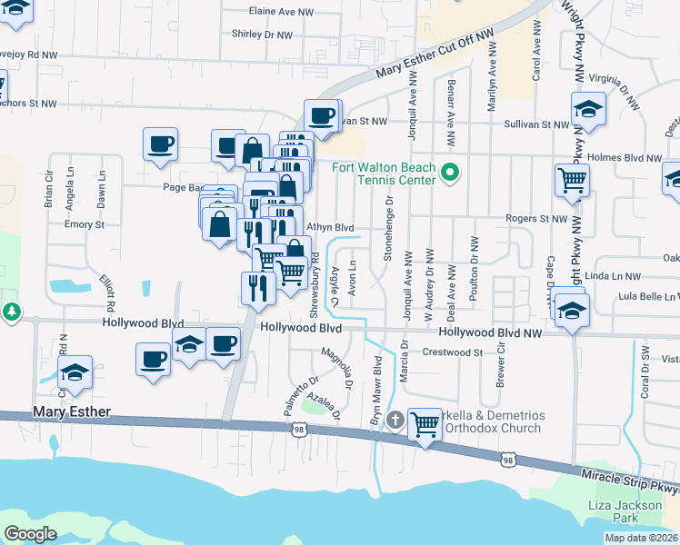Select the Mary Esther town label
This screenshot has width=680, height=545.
pyautogui.click(x=72, y=411)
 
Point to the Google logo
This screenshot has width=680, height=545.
pyautogui.click(x=31, y=534)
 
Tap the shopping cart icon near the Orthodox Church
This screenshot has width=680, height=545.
pyautogui.click(x=425, y=423)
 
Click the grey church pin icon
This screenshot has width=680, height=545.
pyautogui.click(x=395, y=419)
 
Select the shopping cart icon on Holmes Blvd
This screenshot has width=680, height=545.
pyautogui.click(x=572, y=180)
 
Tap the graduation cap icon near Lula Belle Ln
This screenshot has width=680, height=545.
pyautogui.click(x=571, y=309)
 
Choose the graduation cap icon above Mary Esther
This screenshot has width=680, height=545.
pyautogui.click(x=75, y=372)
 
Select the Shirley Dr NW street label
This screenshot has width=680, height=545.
pyautogui.click(x=263, y=35)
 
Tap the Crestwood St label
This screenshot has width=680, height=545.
pyautogui.click(x=452, y=352)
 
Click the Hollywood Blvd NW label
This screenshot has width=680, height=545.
pyautogui.click(x=495, y=334)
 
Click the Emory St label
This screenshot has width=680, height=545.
pyautogui.click(x=85, y=224)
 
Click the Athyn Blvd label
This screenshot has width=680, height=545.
pyautogui.click(x=329, y=227)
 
